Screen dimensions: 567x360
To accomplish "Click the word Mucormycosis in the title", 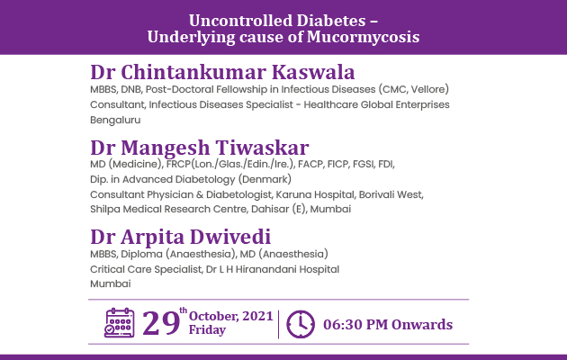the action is [x=363, y=38].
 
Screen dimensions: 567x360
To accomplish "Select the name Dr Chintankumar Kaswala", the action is [x=222, y=72].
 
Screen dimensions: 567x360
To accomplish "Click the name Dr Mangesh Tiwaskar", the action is [x=200, y=148].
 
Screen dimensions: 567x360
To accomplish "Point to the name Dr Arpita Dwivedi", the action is [x=180, y=237].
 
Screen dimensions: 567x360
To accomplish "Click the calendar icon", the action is [x=120, y=323].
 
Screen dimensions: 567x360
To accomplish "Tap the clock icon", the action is [x=301, y=324].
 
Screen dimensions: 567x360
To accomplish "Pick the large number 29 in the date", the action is [x=161, y=323].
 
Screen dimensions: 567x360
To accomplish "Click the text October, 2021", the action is [x=230, y=316].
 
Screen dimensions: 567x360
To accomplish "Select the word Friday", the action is [x=207, y=330].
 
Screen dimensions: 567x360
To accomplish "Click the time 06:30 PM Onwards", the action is [x=388, y=325].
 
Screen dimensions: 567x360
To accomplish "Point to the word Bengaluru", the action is [x=115, y=120].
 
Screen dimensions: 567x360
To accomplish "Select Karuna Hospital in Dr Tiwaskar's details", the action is [x=315, y=194].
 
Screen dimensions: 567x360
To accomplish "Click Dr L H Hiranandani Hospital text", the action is [x=273, y=269].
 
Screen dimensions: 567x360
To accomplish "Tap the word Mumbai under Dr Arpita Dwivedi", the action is [x=111, y=283].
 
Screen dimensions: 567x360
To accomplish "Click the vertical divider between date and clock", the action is [x=278, y=324].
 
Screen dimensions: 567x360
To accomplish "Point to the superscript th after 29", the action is [x=184, y=310].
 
